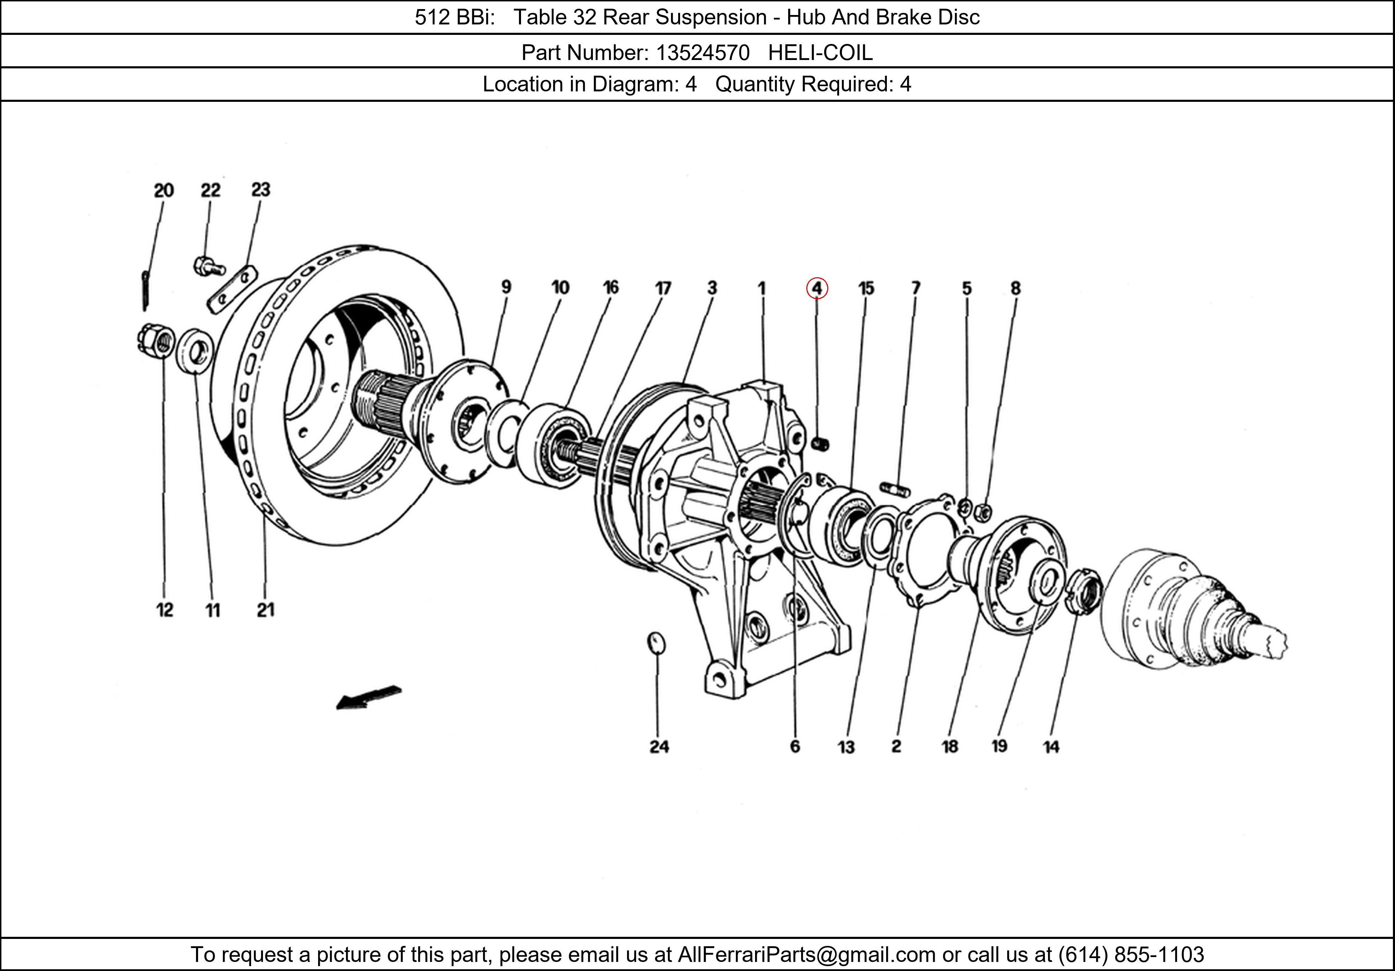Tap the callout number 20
coord(164,191)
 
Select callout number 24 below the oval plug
coord(659,747)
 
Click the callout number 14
coord(1051,747)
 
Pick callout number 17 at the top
coord(663,288)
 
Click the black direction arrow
coord(368,697)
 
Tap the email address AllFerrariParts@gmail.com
coord(806,955)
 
